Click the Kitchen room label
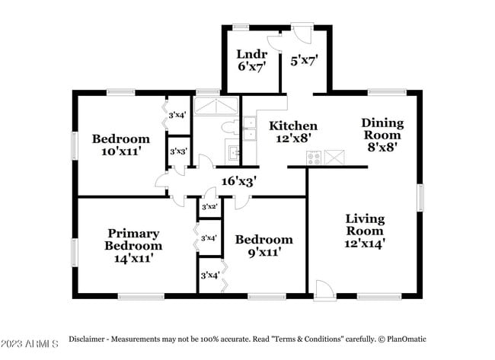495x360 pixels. (293, 126)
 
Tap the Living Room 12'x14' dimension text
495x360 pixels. (365, 244)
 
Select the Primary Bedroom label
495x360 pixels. (133, 240)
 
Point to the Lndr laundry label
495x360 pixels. (252, 54)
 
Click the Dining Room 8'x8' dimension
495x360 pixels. (382, 147)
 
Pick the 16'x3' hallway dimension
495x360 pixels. (239, 181)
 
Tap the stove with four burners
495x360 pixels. (314, 158)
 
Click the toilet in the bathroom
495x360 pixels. (230, 127)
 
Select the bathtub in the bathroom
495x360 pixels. (216, 106)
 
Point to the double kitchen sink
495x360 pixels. (250, 129)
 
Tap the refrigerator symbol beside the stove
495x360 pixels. (334, 157)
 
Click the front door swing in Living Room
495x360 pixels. (324, 288)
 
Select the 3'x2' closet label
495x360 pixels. (209, 207)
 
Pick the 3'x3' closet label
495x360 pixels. (179, 151)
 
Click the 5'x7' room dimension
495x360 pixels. (304, 60)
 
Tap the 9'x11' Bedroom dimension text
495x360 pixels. (264, 252)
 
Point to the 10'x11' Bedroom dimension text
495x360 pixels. (121, 151)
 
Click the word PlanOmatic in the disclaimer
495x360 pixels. (407, 339)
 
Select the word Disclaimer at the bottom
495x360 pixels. (87, 339)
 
